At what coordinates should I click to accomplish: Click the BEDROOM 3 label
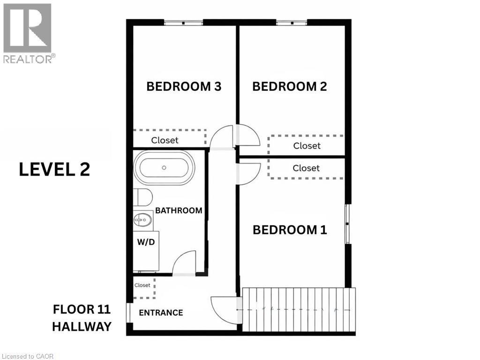pos(184,87)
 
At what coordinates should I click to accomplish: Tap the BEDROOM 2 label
pos(289,87)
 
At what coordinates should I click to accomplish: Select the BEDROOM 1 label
pos(290,230)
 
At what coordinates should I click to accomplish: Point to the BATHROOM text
pos(179,210)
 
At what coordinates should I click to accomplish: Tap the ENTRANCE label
pos(161,313)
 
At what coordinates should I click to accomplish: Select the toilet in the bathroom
pos(141,197)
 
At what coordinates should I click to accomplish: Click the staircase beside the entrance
pos(299,310)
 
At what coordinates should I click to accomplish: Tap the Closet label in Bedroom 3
pos(165,140)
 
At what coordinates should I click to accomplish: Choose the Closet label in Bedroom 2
pos(307,146)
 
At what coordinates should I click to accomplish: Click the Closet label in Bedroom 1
pos(306,168)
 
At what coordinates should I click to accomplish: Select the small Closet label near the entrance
pos(142,285)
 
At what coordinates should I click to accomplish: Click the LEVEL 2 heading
pos(54,170)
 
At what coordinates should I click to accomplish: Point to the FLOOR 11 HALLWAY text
pos(82,318)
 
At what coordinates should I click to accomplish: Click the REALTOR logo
pos(28,33)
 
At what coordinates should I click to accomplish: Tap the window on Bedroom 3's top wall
pos(183,22)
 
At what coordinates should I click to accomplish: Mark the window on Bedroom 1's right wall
pos(347,224)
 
